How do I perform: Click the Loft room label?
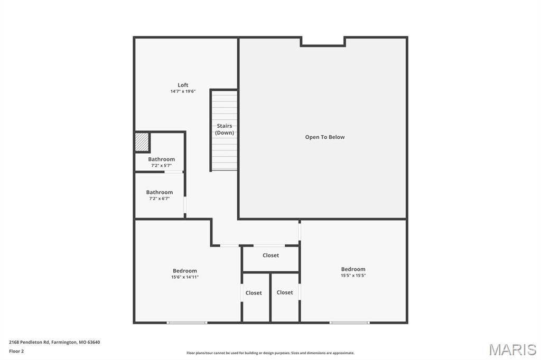[x=183, y=85]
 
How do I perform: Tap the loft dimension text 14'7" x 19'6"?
[x=183, y=91]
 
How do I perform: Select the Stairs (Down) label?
[x=225, y=129]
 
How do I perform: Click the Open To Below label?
[x=324, y=137]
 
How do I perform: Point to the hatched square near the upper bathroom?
[x=142, y=142]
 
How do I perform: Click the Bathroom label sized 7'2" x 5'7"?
[x=161, y=159]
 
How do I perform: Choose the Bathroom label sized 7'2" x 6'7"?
[x=159, y=193]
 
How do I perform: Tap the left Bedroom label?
[x=184, y=271]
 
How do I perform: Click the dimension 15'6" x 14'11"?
[x=184, y=277]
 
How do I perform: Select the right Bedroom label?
[x=353, y=269]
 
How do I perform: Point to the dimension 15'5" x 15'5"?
[x=353, y=276]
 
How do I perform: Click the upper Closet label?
[x=270, y=255]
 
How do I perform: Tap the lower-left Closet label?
[x=254, y=293]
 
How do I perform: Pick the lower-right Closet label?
[x=284, y=292]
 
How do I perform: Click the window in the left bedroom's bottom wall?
[x=187, y=322]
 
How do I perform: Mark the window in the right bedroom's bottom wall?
[x=350, y=322]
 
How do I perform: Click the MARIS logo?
[x=512, y=349]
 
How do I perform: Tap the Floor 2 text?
[x=16, y=351]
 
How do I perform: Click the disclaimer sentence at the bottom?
[x=270, y=353]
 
